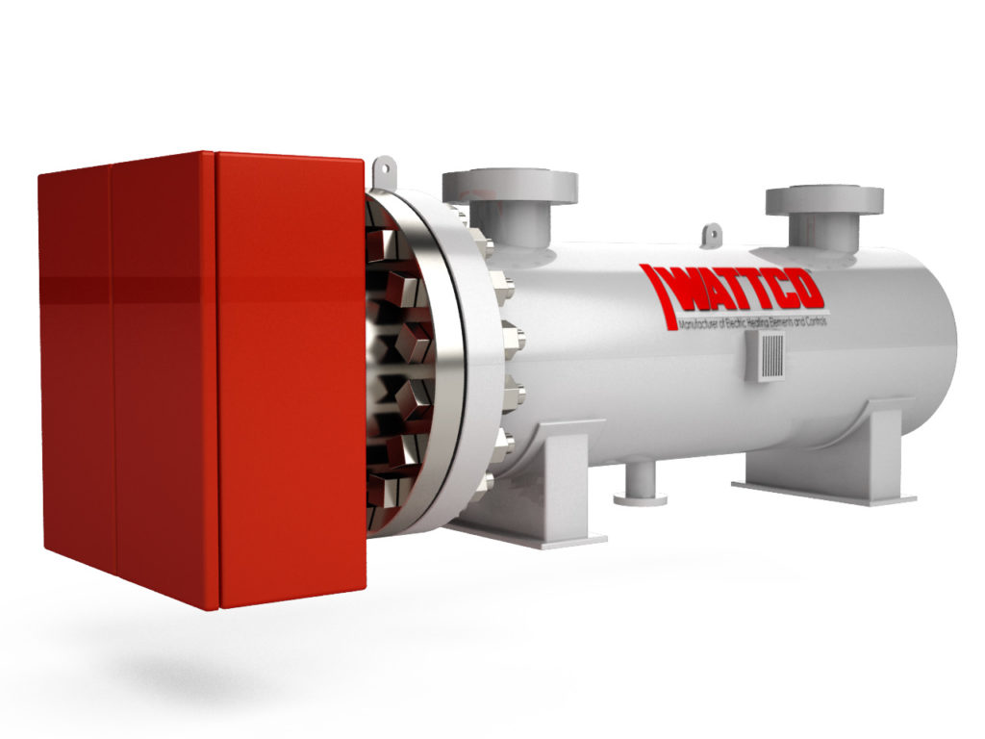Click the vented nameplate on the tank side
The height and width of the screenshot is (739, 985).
pyautogui.click(x=768, y=359)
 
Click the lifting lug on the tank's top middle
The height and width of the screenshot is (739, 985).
pyautogui.click(x=712, y=234)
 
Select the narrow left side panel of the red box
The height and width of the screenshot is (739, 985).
pyautogui.click(x=75, y=366)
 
